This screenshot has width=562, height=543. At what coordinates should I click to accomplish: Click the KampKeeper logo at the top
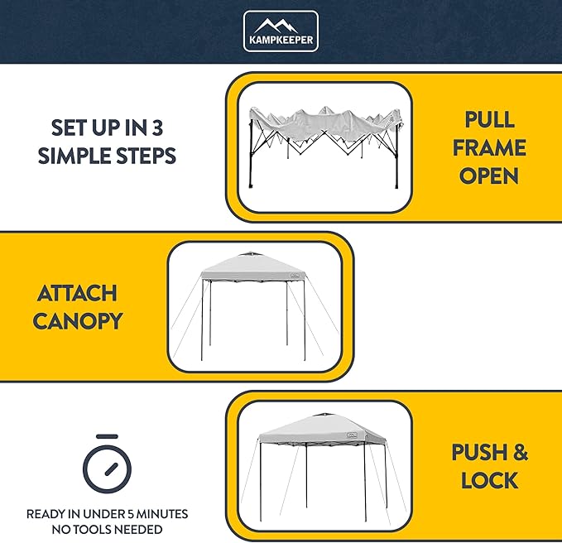tap(281, 31)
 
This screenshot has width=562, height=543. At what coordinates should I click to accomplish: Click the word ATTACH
tap(76, 294)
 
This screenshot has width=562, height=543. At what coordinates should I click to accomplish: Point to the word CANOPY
tap(76, 321)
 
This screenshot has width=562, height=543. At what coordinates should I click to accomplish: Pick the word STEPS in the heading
tap(147, 156)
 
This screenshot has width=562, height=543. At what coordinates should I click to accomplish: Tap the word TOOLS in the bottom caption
tap(96, 529)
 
